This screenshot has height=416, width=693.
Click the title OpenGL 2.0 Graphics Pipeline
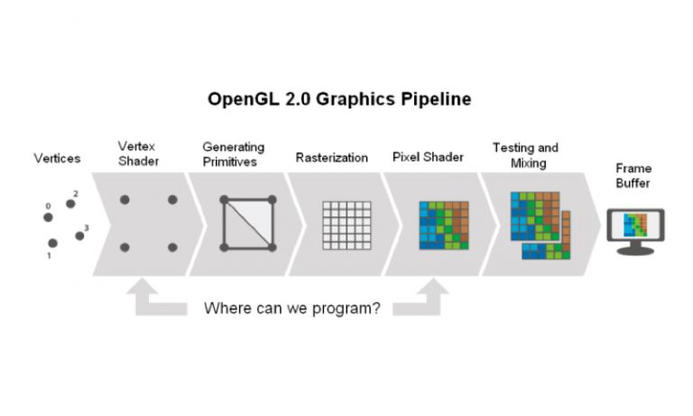[339, 98]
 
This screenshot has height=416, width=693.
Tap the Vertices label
[57, 158]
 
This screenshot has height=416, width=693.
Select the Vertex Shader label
[138, 153]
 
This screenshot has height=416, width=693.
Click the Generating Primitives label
[233, 153]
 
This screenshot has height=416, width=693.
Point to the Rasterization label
[331, 158]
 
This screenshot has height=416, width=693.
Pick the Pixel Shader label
[428, 157]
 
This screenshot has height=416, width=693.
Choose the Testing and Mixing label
[525, 154]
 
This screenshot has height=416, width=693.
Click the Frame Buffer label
[634, 175]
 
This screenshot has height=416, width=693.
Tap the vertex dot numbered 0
[48, 217]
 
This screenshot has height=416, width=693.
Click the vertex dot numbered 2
[70, 204]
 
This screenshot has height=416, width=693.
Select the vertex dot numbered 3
[79, 236]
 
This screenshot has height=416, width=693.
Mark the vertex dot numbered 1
[53, 243]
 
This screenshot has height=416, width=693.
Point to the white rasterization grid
[346, 224]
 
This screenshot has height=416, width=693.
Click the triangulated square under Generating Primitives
[247, 223]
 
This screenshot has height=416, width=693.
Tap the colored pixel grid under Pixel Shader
[443, 224]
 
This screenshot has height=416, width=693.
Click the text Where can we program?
[291, 308]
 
